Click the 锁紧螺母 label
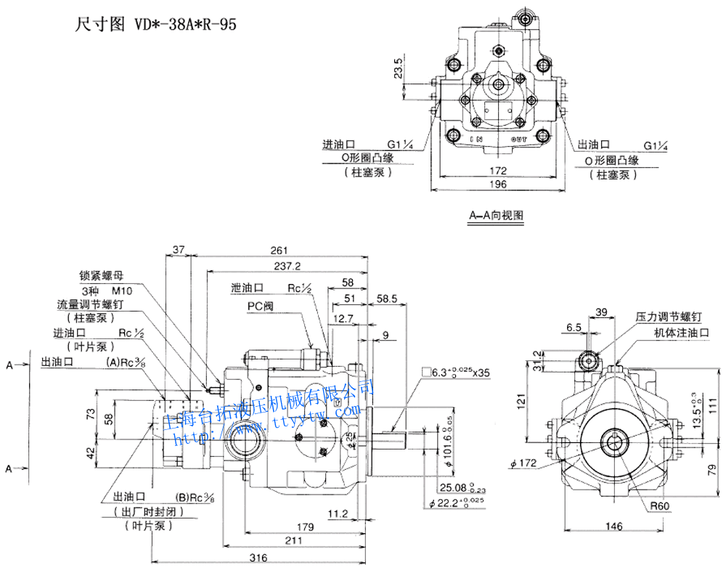coord(102,276)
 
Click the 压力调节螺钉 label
coord(669,317)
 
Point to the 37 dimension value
coord(180,251)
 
